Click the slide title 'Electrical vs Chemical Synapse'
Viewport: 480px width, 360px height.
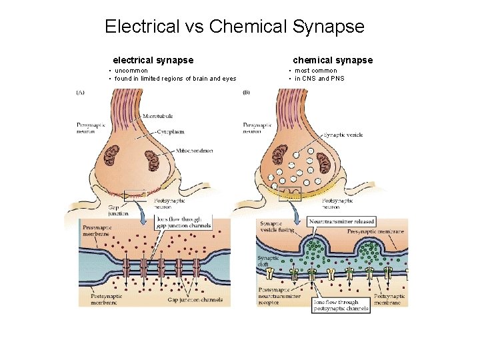point(235,27)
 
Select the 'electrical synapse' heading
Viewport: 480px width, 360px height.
point(153,60)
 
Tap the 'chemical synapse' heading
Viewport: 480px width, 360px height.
point(333,60)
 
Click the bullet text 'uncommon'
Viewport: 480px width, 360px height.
point(136,71)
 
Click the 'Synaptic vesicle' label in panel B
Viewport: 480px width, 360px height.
point(343,135)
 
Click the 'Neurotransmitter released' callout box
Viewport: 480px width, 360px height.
point(342,221)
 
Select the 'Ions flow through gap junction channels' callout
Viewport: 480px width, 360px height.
point(183,222)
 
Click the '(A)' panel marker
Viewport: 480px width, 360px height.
point(80,93)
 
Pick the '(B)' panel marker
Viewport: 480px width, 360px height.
point(246,93)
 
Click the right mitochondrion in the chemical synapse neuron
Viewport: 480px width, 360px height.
point(324,162)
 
